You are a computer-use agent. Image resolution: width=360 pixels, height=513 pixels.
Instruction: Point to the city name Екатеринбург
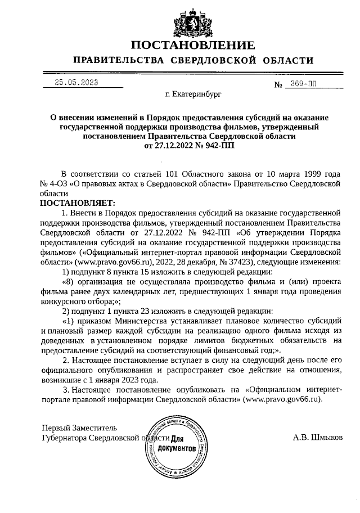tap(193, 96)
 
